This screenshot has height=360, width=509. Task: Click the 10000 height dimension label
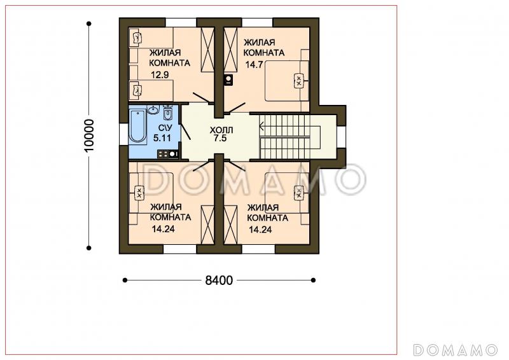[x=89, y=135]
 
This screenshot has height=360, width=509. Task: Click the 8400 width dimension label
[x=219, y=280]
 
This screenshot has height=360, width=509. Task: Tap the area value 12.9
[x=160, y=75]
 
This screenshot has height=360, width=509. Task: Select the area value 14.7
[x=254, y=65]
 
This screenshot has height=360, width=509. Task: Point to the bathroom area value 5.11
[x=162, y=138]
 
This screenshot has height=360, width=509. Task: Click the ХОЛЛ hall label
[x=221, y=130]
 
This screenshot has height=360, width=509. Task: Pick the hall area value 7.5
[x=220, y=138]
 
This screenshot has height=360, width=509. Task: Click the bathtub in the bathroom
[x=137, y=127]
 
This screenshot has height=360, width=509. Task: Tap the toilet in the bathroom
[x=167, y=112]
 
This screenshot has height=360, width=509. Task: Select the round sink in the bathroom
[x=153, y=110]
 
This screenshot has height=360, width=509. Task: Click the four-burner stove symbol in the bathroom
[x=168, y=154]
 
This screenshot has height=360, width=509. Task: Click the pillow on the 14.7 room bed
[x=298, y=80]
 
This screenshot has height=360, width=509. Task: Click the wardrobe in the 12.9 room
[x=207, y=50]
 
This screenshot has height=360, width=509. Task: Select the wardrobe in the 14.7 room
[x=231, y=50]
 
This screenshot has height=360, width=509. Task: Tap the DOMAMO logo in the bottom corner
[x=456, y=350]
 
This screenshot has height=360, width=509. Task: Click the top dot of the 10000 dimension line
[x=89, y=24]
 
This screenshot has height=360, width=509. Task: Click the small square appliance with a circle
[x=229, y=80]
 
